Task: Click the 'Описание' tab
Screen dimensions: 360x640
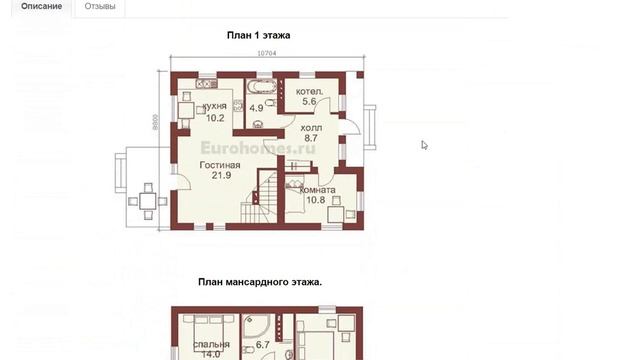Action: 41,7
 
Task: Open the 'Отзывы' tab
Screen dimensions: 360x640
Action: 99,7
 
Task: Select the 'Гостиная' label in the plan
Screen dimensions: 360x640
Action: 221,165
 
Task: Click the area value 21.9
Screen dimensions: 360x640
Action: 221,176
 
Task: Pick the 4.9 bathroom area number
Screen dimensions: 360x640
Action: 256,108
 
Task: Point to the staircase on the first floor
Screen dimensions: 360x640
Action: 263,196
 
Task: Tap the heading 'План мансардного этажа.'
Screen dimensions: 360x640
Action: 259,283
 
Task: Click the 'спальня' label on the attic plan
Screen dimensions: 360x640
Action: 210,344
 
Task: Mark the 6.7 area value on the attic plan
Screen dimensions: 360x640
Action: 264,345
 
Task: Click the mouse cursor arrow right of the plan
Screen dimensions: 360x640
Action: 424,145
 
